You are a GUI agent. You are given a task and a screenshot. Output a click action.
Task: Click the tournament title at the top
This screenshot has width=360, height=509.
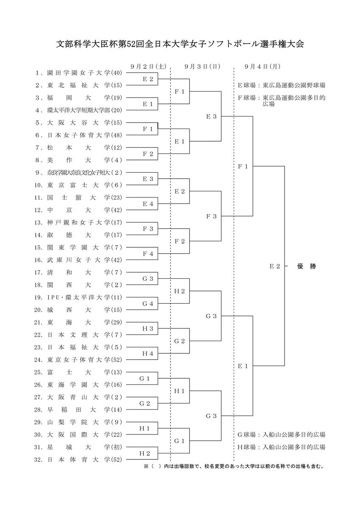click(x=180, y=44)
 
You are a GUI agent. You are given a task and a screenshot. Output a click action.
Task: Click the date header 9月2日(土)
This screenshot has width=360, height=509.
click(x=148, y=67)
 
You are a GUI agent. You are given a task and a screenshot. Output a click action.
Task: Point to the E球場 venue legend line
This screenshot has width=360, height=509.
click(x=282, y=85)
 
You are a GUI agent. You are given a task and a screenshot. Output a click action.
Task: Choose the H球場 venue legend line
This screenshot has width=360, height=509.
click(x=282, y=447)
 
